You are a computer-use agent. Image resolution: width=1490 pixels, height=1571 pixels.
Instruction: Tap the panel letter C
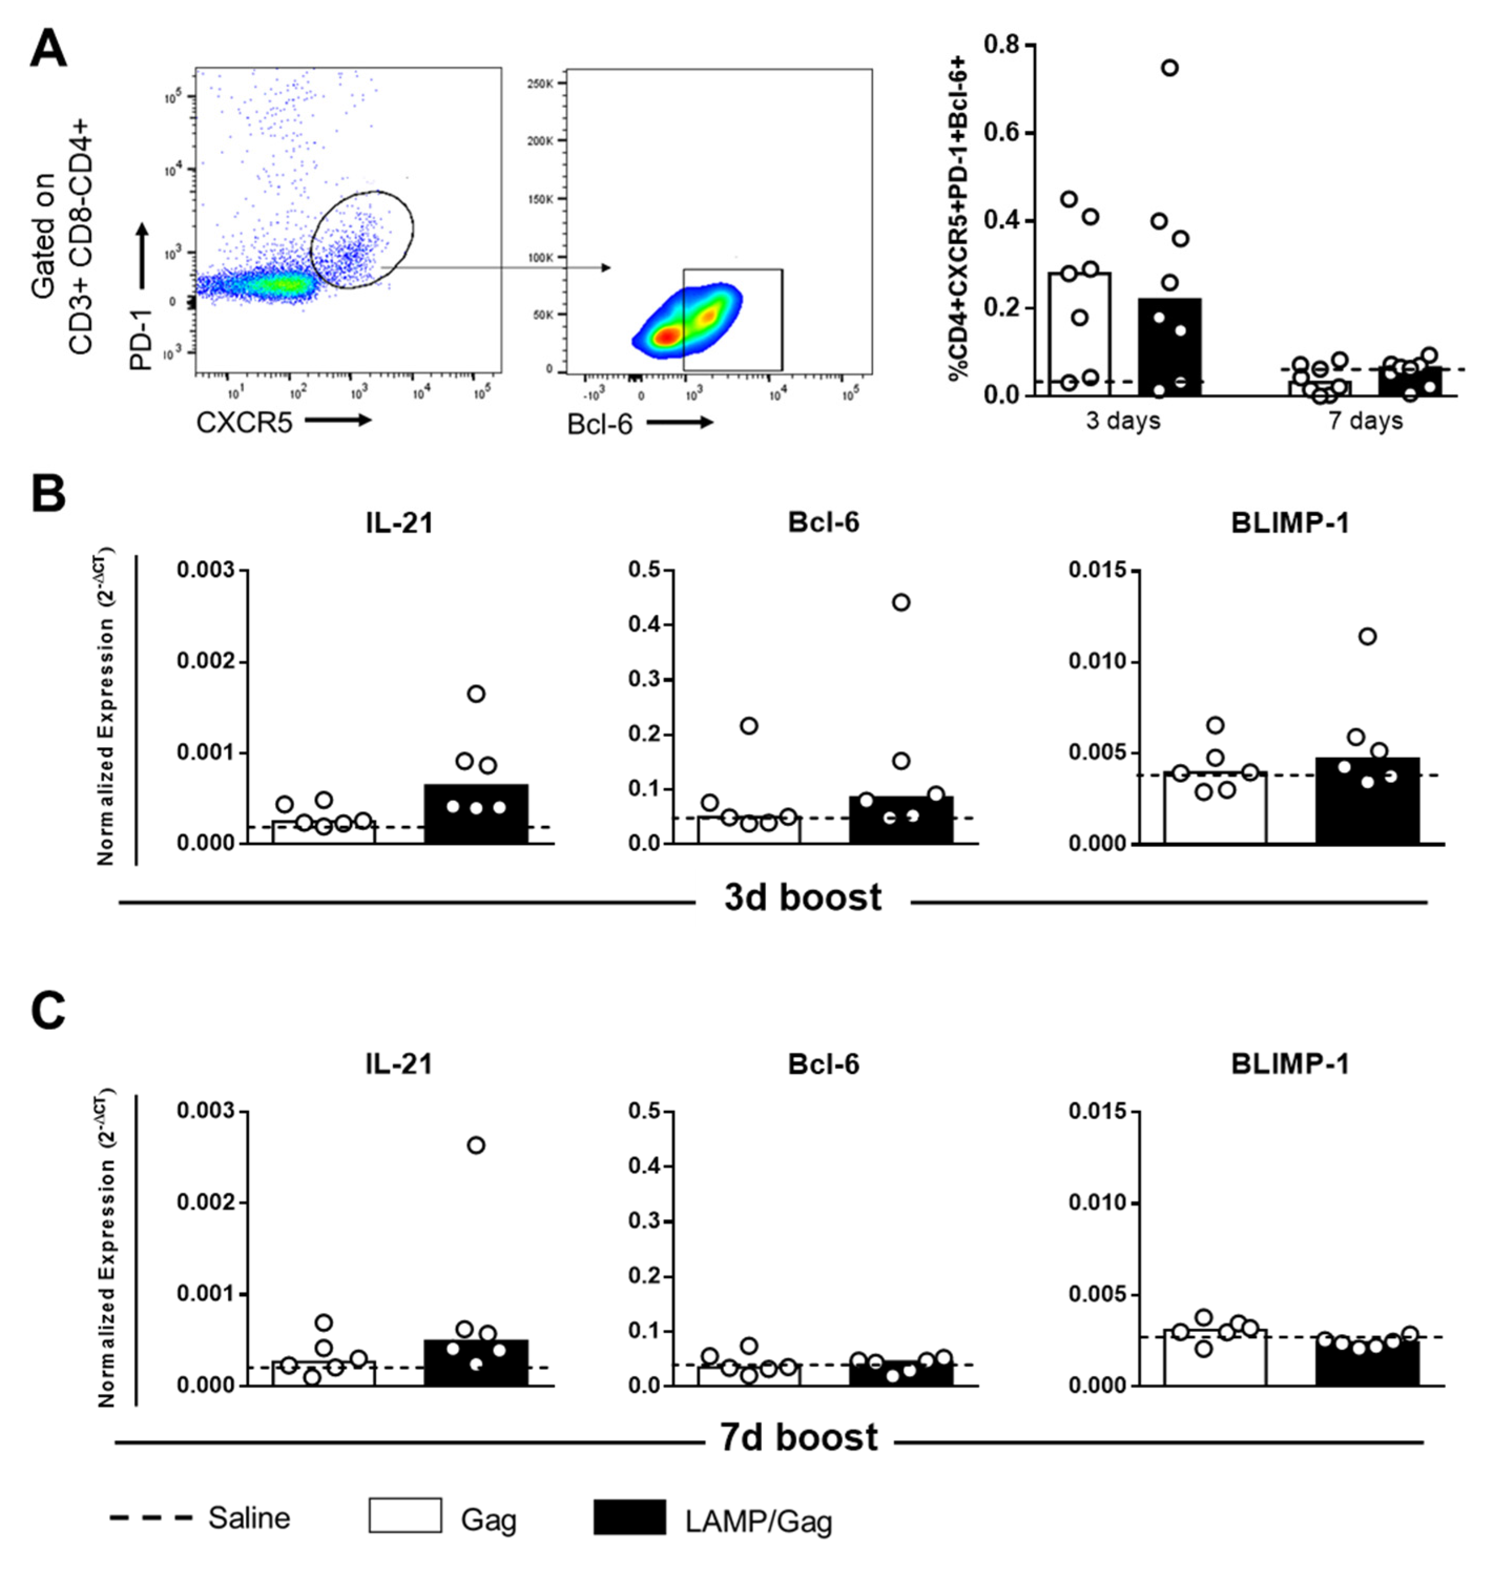(48, 1011)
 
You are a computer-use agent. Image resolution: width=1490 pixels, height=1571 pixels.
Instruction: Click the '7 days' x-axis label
(1366, 420)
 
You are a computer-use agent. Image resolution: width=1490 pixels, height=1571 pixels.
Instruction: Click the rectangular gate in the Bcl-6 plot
(732, 319)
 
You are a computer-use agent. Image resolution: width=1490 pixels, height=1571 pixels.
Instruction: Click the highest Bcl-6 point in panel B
(901, 602)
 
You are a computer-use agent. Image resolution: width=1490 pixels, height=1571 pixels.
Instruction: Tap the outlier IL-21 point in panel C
(476, 1145)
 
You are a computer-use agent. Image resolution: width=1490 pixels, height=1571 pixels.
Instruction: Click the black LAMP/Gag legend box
(630, 1517)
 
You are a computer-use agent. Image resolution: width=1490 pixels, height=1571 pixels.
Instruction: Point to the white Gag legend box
(405, 1515)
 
